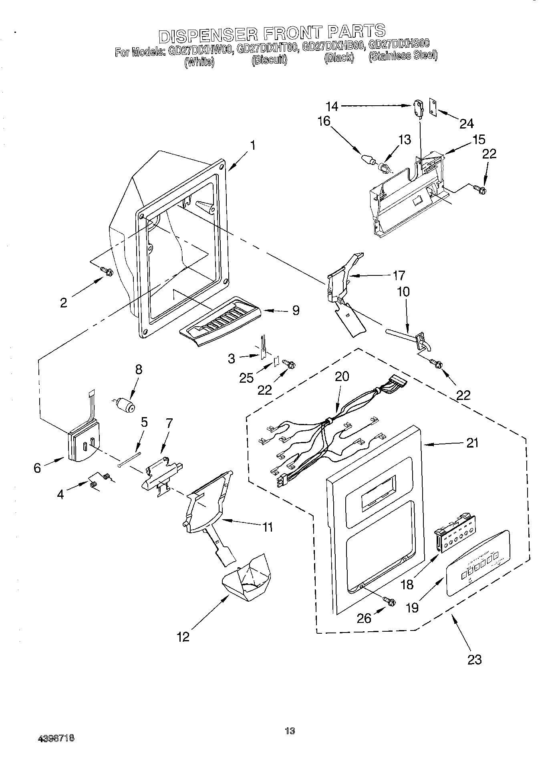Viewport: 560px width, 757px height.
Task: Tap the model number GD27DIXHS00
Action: (399, 44)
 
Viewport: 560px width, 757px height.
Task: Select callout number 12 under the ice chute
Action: (183, 637)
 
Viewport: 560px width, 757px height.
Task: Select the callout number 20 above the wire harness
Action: (342, 376)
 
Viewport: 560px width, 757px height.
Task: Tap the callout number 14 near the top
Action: (332, 106)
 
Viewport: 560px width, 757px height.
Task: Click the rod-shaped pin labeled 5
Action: (130, 459)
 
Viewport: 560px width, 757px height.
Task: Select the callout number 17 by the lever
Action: (399, 275)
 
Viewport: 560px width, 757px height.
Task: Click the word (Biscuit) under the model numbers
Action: (269, 60)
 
